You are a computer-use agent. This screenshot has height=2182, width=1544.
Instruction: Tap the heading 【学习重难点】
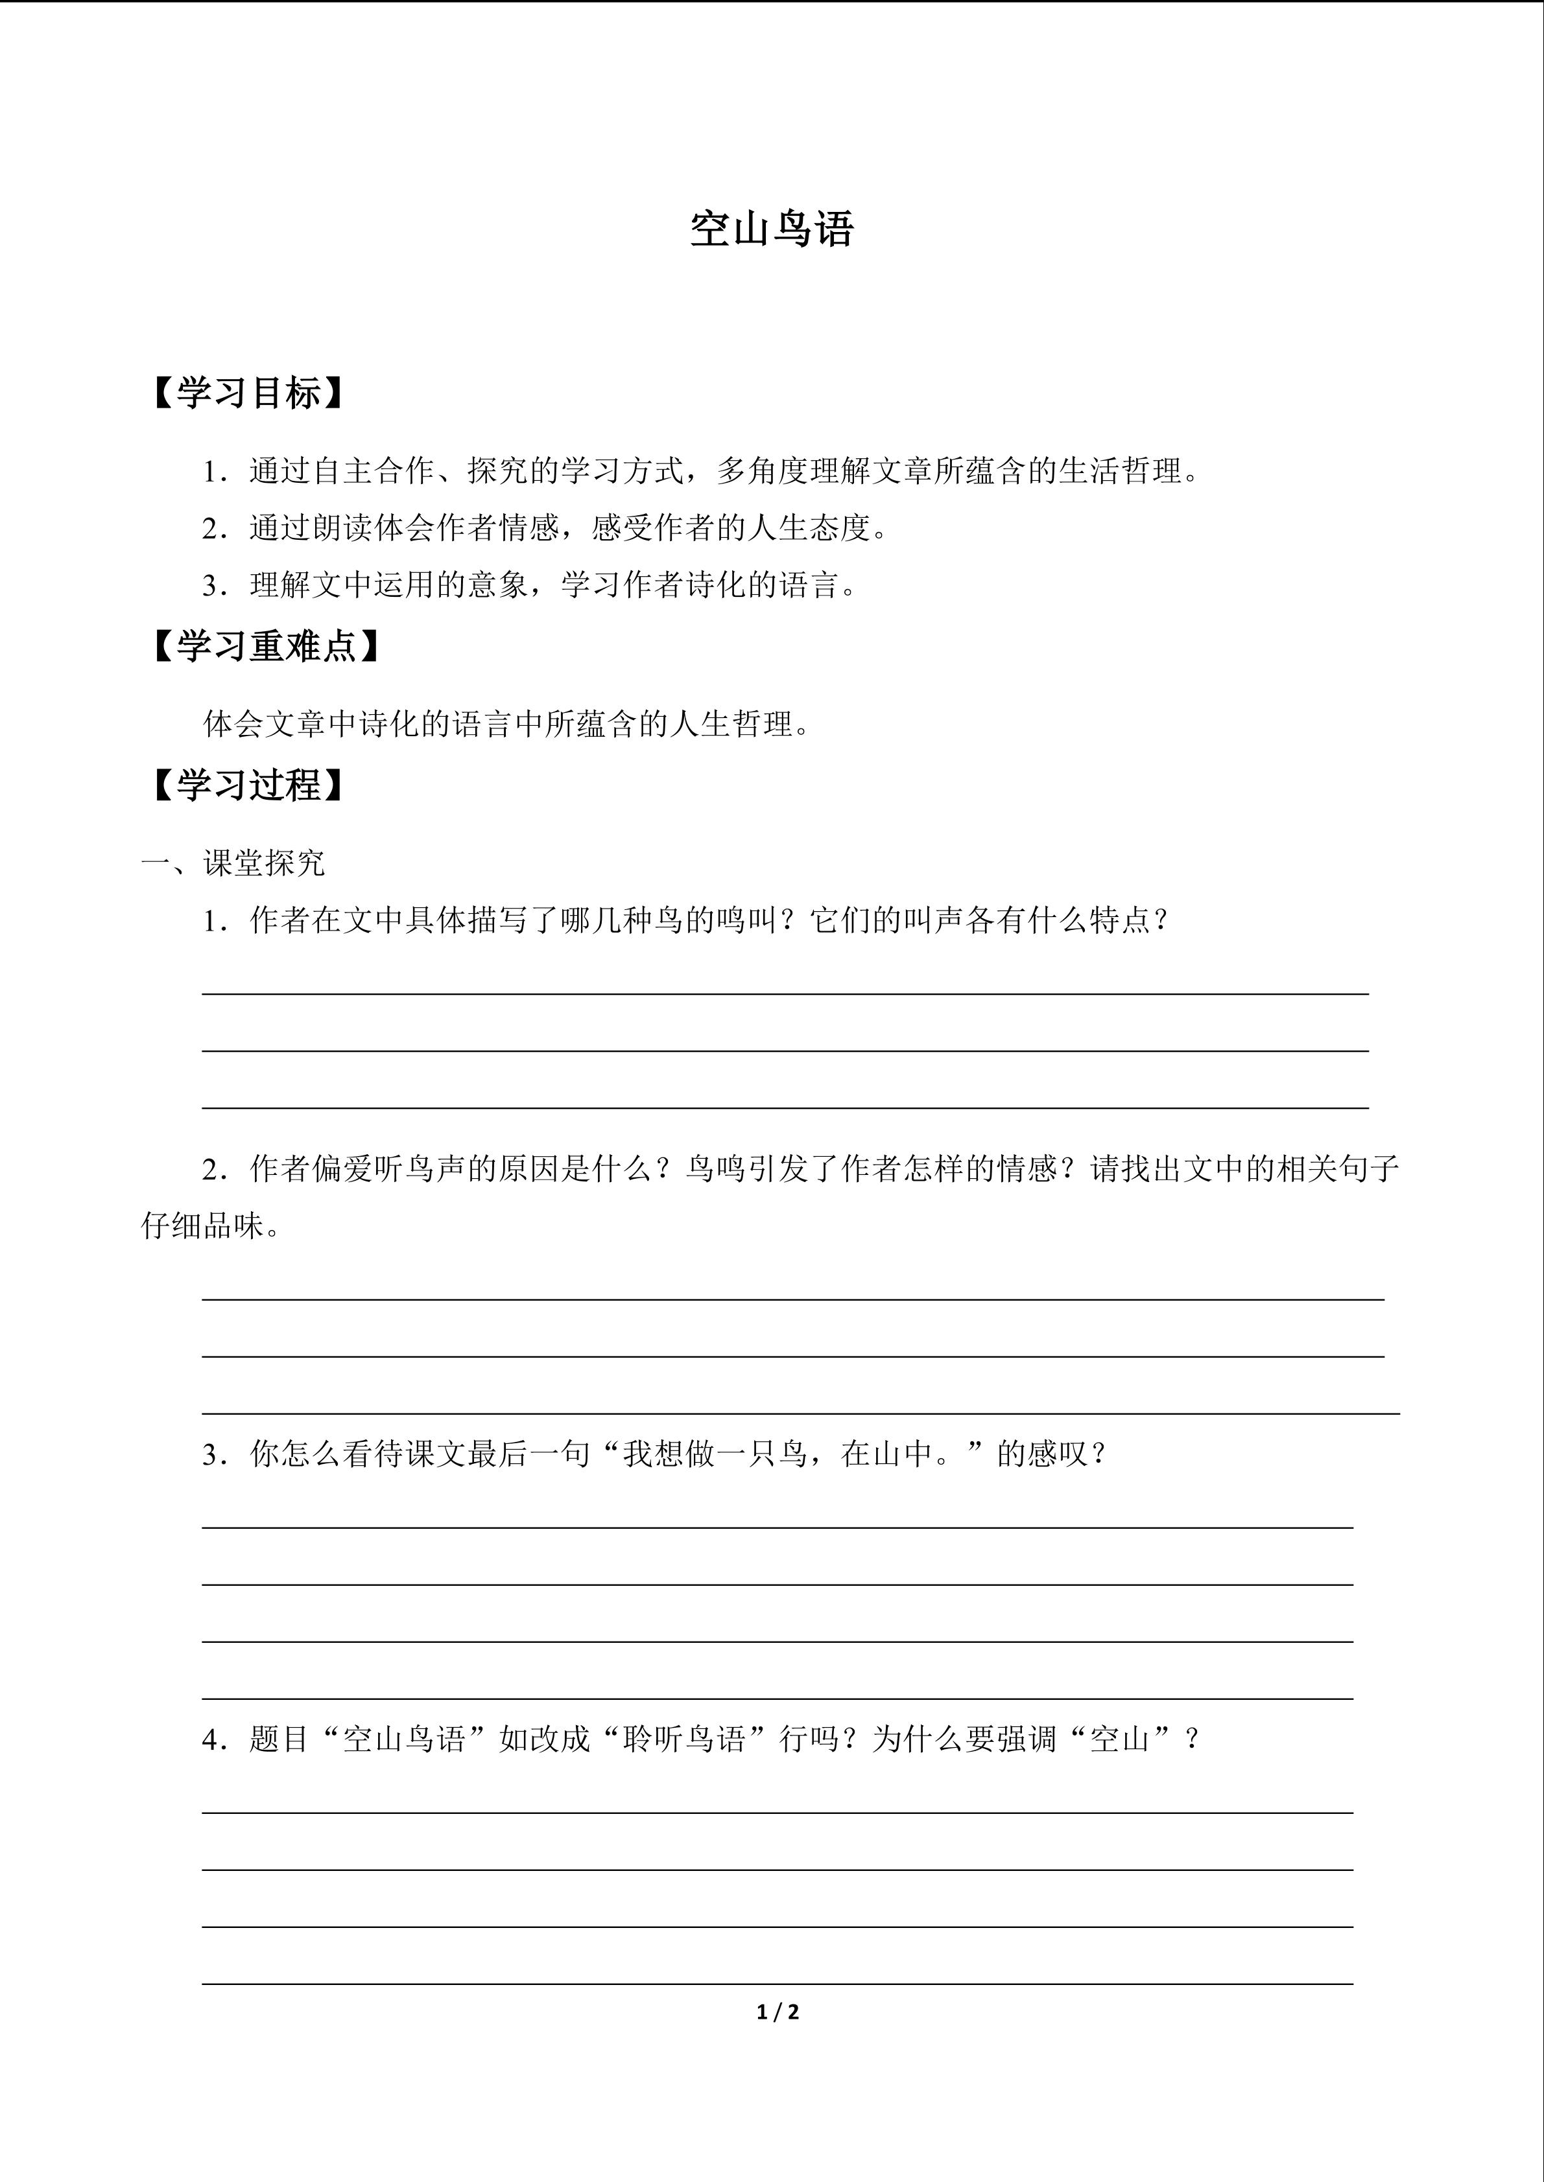[x=265, y=646]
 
